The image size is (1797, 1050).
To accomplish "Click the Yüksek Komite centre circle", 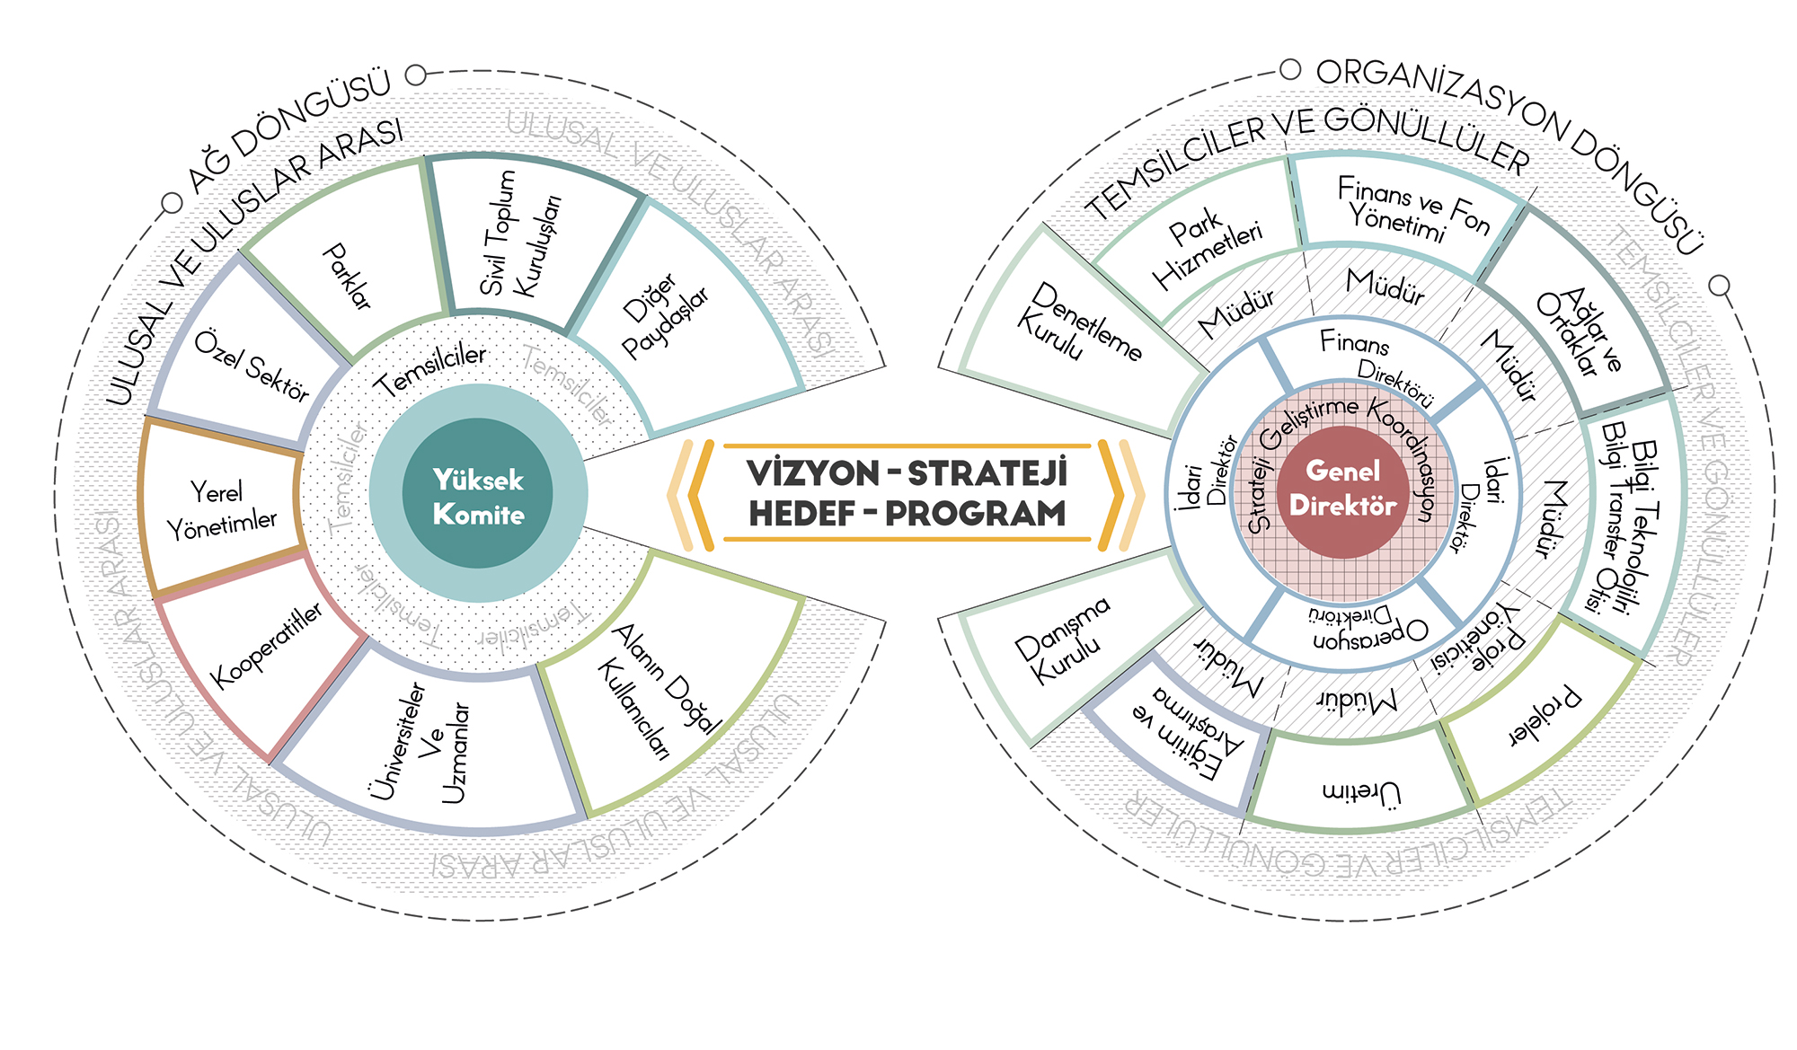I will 478,495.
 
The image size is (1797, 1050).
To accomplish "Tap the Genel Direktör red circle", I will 1342,489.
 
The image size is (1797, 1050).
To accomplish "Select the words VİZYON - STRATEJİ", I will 907,473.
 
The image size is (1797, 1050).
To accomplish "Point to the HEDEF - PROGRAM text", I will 907,514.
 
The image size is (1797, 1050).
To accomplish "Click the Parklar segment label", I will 347,276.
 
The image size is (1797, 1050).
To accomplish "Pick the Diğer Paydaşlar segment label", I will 665,316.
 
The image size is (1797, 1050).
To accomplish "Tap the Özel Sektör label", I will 252,366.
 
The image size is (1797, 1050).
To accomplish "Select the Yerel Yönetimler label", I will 221,509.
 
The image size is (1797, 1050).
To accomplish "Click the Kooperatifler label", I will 266,645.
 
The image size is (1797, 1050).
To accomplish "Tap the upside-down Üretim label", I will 1360,791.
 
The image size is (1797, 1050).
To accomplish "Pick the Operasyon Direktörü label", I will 1366,627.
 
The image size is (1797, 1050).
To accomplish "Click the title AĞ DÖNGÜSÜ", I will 290,128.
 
